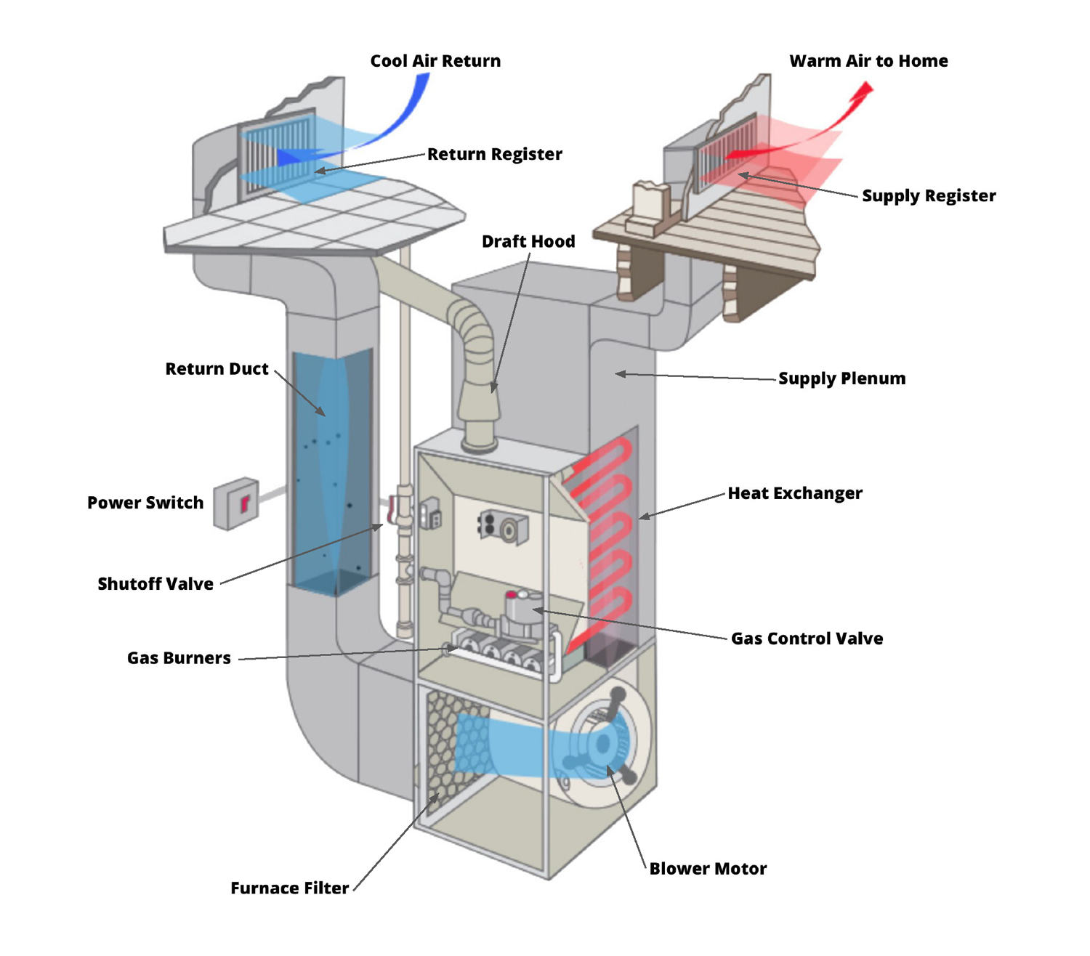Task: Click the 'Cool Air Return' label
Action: (435, 61)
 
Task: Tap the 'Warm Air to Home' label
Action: (868, 61)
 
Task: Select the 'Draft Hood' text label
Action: (528, 241)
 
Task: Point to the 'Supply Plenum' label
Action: (841, 378)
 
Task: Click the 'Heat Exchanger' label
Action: (795, 493)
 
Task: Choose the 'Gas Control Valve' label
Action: (807, 639)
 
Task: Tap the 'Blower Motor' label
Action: (708, 869)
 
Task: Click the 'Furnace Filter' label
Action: (289, 888)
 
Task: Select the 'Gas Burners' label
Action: (179, 658)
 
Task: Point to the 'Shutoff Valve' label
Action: (156, 584)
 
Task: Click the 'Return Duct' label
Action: (217, 369)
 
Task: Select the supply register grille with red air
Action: (727, 153)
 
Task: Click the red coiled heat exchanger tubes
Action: (603, 538)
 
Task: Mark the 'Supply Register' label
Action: (929, 196)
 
